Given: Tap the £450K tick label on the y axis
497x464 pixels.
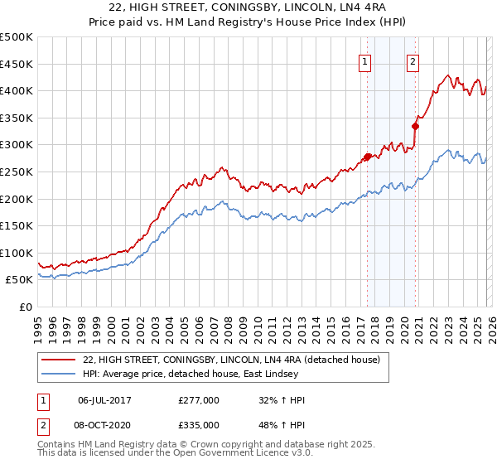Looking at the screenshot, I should tap(17, 64).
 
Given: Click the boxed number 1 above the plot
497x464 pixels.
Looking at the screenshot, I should tap(365, 60).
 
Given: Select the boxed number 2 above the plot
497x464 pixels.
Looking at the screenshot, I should tap(413, 60).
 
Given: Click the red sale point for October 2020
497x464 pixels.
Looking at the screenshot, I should tap(415, 126).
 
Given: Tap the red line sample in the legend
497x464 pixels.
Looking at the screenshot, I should tap(58, 360).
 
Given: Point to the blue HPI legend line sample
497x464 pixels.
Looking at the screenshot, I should tap(58, 374).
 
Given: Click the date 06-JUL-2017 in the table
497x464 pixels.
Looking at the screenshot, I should tap(105, 400).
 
